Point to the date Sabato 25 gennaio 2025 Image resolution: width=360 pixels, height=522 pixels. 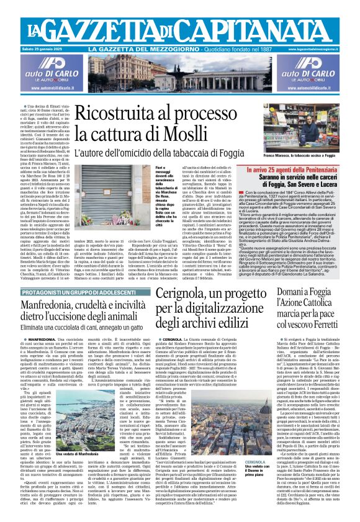tap(30, 48)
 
